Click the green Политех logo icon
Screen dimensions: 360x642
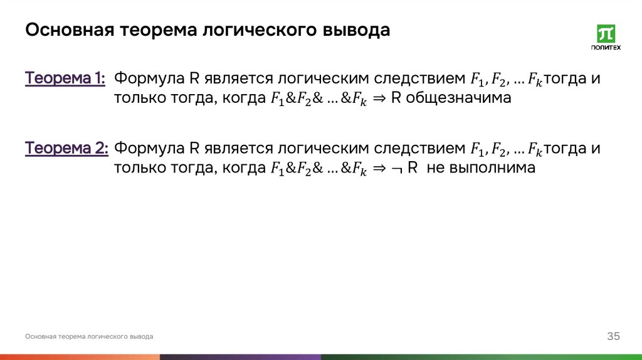606,33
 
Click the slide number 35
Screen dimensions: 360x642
613,337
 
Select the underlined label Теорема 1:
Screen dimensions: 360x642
65,79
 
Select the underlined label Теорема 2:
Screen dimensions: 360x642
66,149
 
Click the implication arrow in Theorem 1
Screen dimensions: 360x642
380,99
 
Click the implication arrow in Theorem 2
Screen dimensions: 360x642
380,169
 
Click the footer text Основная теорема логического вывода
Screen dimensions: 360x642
89,337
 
